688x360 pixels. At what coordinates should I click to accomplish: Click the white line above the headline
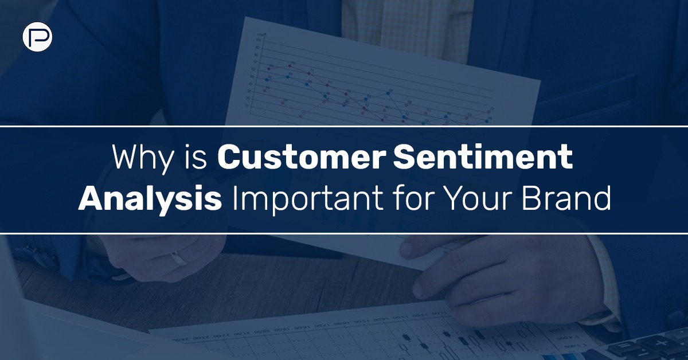[x=344, y=125]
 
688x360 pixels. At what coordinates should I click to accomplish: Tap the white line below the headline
[x=344, y=233]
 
